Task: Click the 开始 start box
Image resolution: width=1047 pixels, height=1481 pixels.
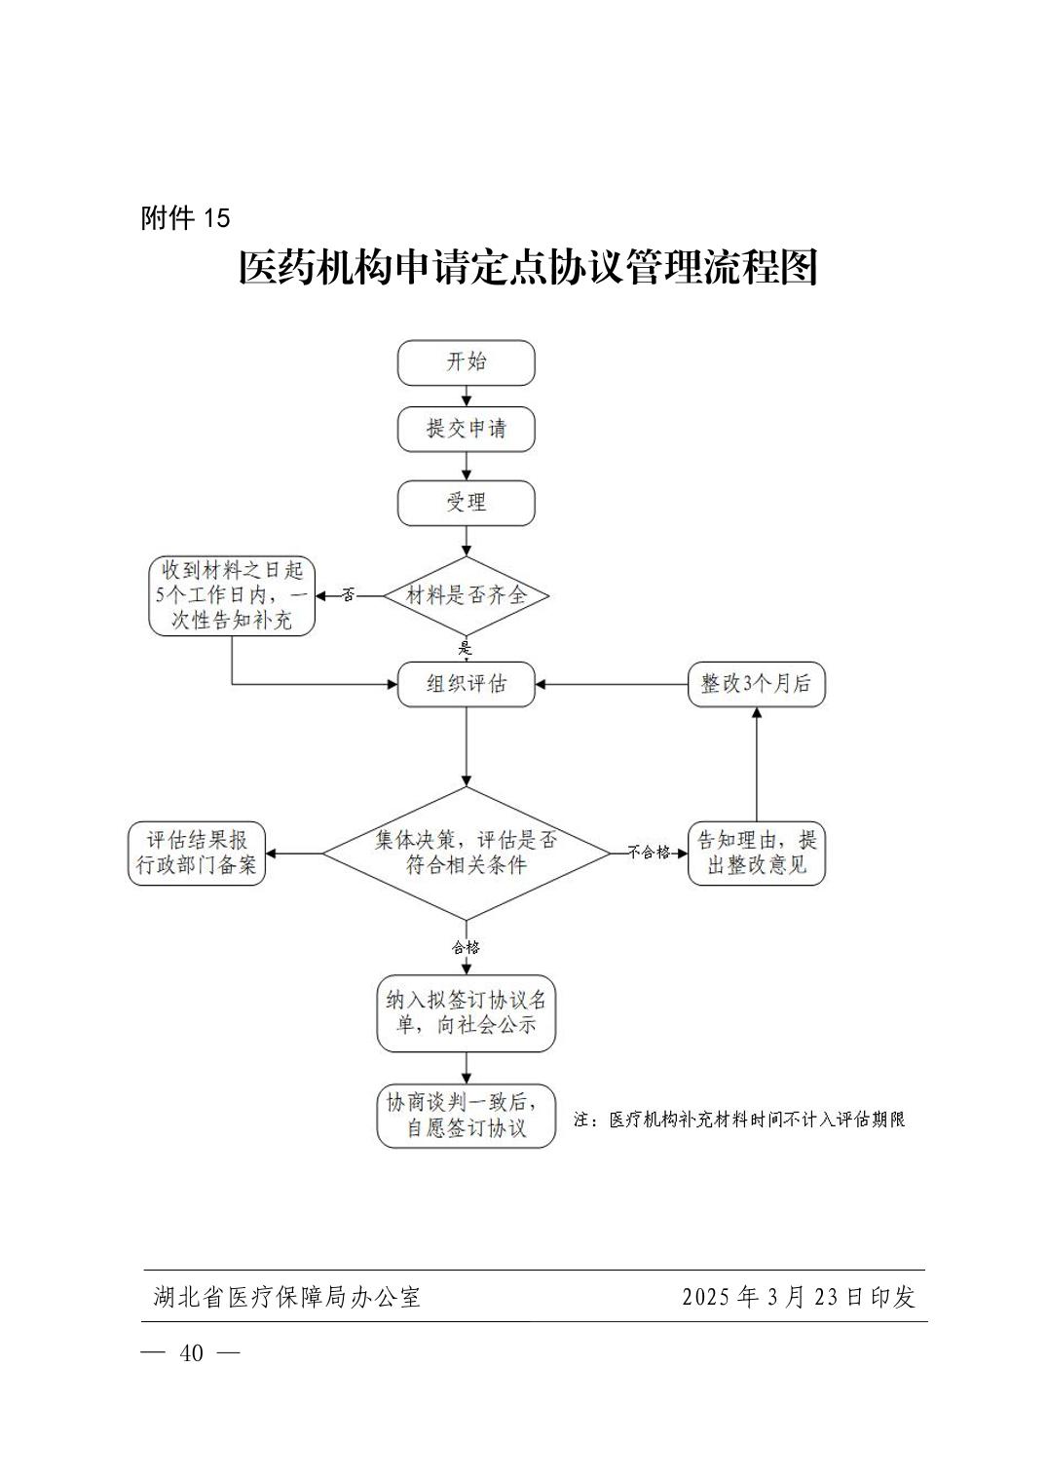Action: click(x=466, y=362)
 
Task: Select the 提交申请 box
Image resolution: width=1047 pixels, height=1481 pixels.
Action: click(x=466, y=429)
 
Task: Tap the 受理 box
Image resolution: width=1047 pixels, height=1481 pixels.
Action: click(x=466, y=503)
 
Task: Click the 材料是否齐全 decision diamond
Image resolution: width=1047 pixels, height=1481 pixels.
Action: click(x=466, y=595)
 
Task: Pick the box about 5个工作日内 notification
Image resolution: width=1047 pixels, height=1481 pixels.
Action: click(x=232, y=595)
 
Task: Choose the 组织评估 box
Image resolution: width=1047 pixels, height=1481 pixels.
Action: click(x=466, y=684)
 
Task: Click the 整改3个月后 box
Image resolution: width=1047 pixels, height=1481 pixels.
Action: click(x=756, y=684)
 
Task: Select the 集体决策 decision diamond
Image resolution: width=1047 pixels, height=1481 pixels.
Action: click(x=466, y=854)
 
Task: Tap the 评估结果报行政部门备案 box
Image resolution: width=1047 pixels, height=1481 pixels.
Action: click(x=197, y=854)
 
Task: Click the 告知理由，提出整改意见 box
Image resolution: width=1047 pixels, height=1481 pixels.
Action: click(x=756, y=854)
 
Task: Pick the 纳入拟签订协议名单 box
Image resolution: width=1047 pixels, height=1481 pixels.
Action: click(x=466, y=1013)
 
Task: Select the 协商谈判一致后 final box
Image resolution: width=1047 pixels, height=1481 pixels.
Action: click(x=466, y=1116)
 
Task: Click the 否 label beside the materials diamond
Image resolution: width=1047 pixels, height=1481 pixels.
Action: click(x=349, y=595)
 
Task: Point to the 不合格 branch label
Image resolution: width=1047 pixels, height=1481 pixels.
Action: click(x=649, y=853)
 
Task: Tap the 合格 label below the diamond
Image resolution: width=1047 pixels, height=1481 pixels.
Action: click(x=466, y=947)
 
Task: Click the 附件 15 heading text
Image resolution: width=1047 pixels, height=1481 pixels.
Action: click(x=185, y=218)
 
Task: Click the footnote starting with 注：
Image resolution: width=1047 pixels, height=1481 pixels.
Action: click(x=739, y=1120)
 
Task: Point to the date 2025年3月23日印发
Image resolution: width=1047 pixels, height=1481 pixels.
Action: click(x=799, y=1297)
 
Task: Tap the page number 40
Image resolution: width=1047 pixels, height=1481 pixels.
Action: click(x=192, y=1353)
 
